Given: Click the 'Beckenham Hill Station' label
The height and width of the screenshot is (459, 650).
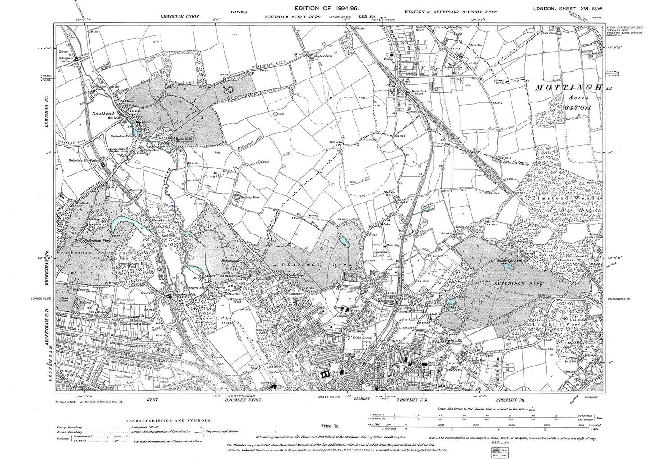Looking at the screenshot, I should (x=85, y=160).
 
